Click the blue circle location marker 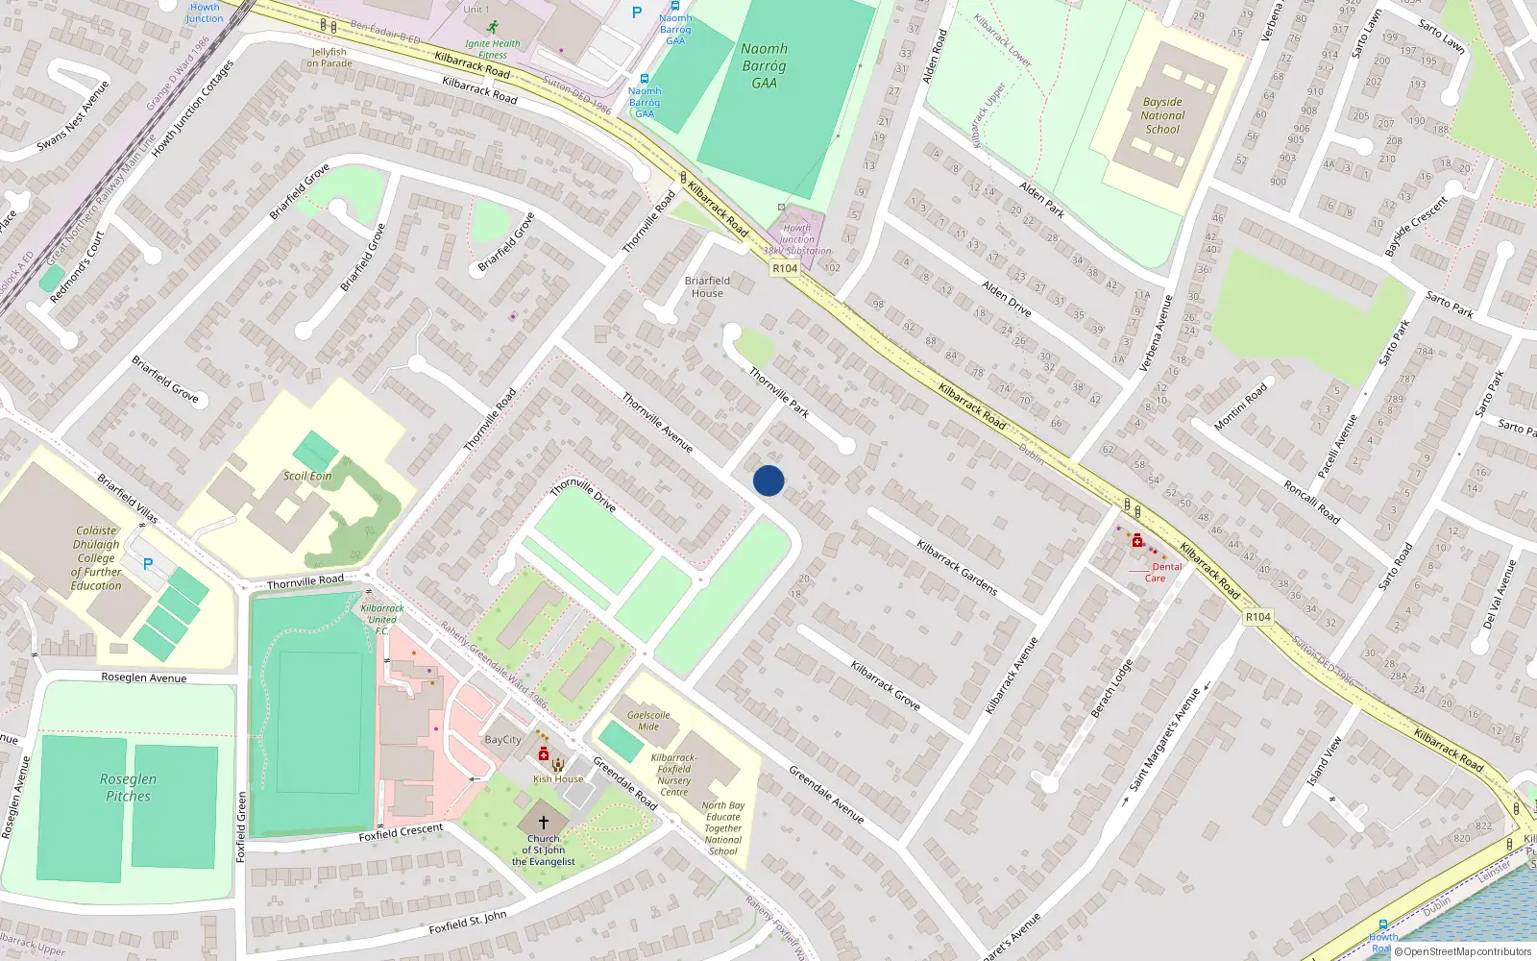[x=768, y=480]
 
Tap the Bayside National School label [x=1162, y=115]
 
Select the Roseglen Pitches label [x=128, y=787]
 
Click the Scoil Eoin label [x=307, y=476]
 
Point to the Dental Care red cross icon [x=1137, y=542]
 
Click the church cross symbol [x=544, y=823]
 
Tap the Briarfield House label [x=707, y=286]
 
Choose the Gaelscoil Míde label [x=648, y=720]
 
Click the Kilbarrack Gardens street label [x=957, y=567]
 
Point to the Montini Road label [x=1240, y=406]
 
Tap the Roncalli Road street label [x=1311, y=502]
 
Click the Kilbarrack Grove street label [x=885, y=685]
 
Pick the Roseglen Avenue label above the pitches [x=144, y=678]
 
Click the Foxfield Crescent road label [x=401, y=832]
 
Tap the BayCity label [x=502, y=740]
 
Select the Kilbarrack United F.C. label [x=381, y=619]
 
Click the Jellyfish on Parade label [x=329, y=58]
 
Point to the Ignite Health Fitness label [x=492, y=49]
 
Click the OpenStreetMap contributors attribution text [x=1467, y=951]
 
